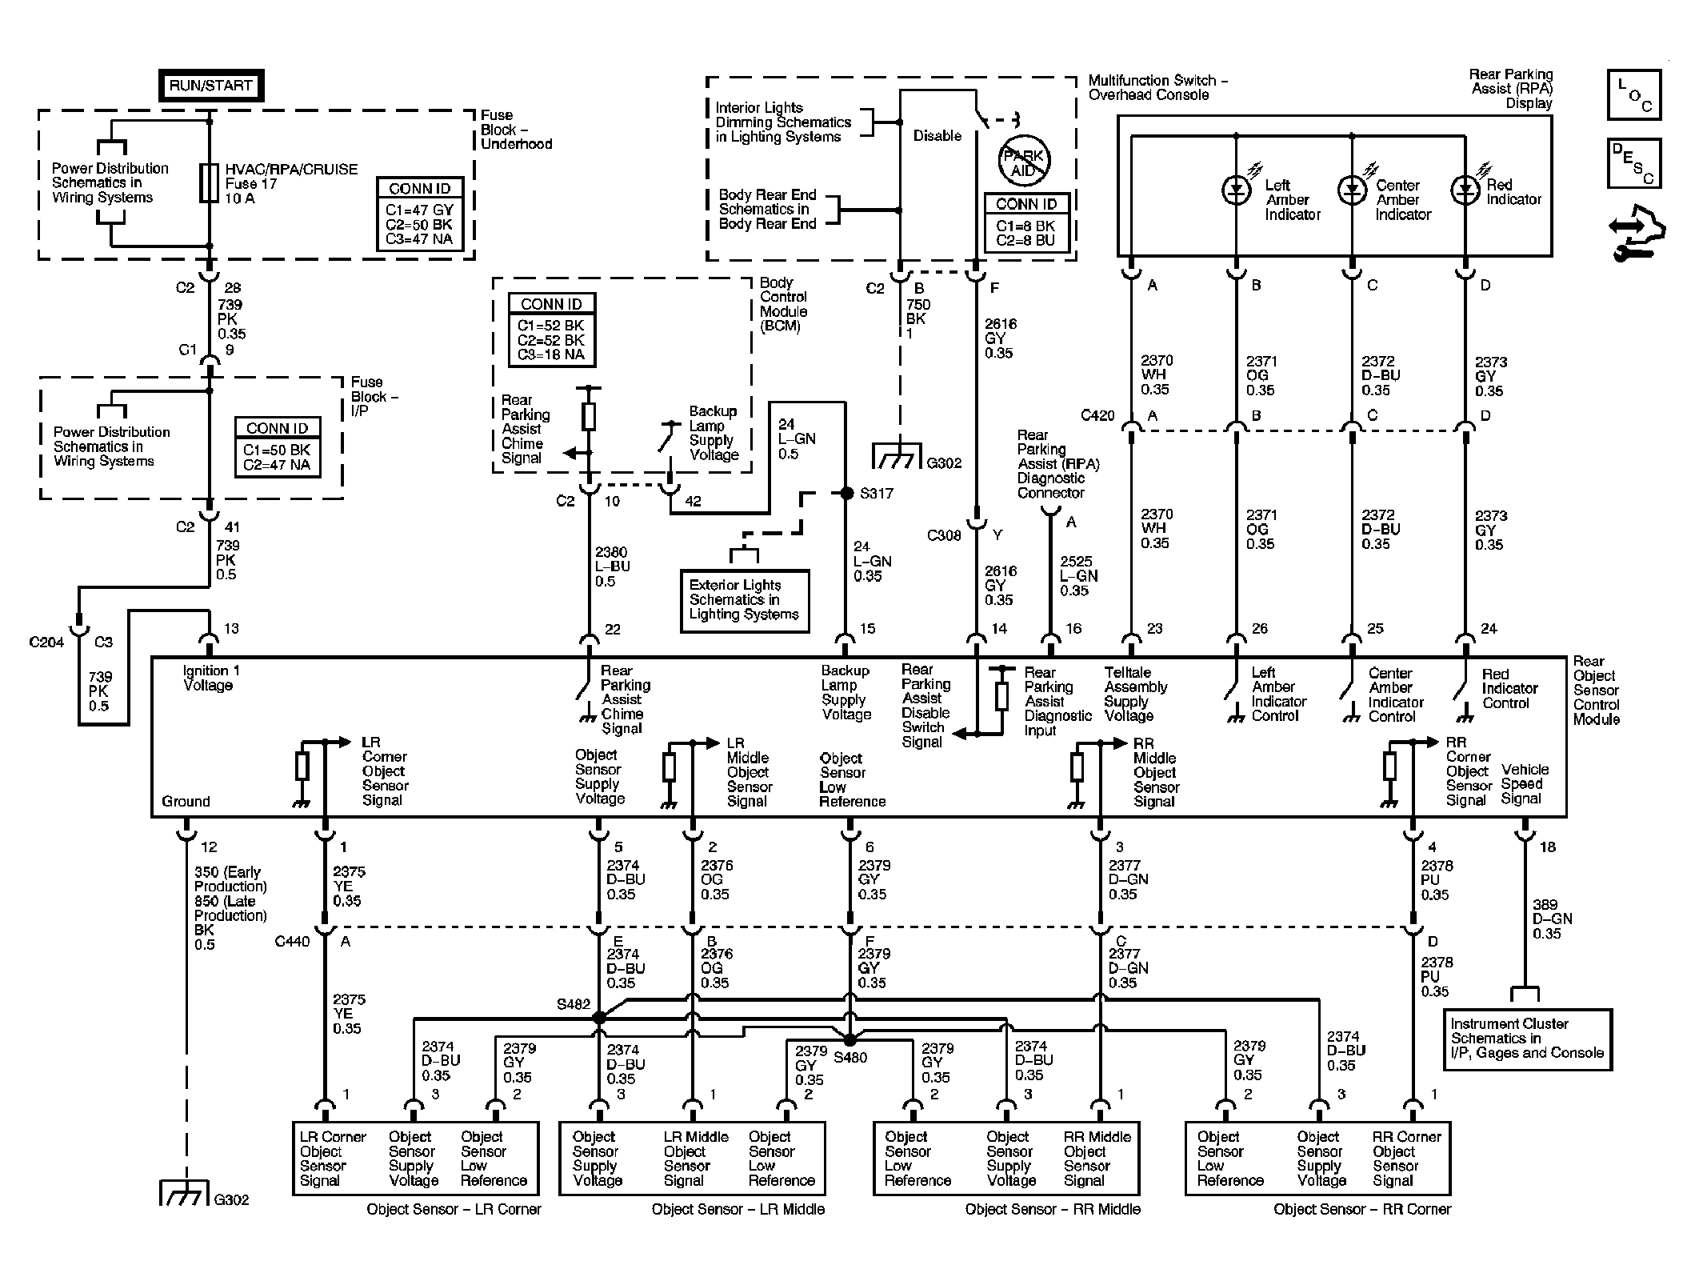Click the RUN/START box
(x=210, y=86)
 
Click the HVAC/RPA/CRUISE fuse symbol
(x=210, y=183)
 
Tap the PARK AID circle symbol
(x=1023, y=163)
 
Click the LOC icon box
(x=1634, y=94)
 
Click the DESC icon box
(x=1634, y=163)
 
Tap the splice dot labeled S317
(x=846, y=494)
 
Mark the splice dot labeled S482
(x=598, y=1018)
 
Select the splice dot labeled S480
(x=849, y=1040)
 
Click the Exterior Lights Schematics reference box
(x=744, y=600)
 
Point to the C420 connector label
(x=1097, y=415)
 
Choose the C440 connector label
(x=292, y=942)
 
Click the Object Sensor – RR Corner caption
(x=1361, y=1209)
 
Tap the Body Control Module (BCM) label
(x=783, y=304)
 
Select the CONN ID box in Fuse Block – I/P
(x=278, y=448)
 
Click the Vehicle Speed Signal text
(x=1525, y=784)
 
